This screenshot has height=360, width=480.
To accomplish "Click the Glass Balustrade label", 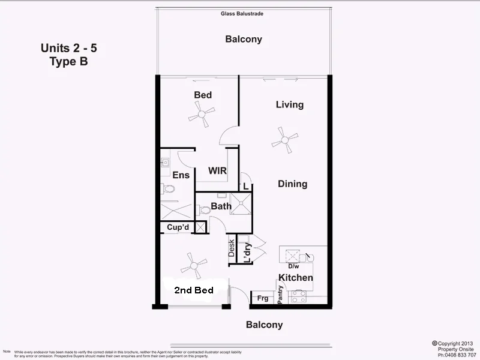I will pyautogui.click(x=242, y=13).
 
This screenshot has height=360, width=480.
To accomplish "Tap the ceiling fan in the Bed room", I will pyautogui.click(x=202, y=113).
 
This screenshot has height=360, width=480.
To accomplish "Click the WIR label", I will pyautogui.click(x=217, y=171).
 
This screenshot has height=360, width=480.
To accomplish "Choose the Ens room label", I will pyautogui.click(x=181, y=175).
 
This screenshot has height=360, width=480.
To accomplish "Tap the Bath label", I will pyautogui.click(x=221, y=206).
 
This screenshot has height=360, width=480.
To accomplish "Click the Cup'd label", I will pyautogui.click(x=178, y=227).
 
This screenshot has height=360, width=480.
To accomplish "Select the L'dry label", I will pyautogui.click(x=247, y=250).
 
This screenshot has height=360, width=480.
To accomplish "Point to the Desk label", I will pyautogui.click(x=232, y=248).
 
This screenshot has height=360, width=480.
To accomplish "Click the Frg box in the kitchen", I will pyautogui.click(x=262, y=298).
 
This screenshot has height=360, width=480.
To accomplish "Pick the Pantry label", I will pyautogui.click(x=280, y=295).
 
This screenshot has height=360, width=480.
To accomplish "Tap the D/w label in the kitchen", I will pyautogui.click(x=294, y=266).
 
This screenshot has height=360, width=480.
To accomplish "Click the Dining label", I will pyautogui.click(x=292, y=184).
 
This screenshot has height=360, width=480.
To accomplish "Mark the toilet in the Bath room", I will pyautogui.click(x=204, y=210).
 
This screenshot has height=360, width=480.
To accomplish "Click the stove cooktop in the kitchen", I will pyautogui.click(x=298, y=296).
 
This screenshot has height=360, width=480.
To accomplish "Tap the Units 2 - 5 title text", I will pyautogui.click(x=68, y=48).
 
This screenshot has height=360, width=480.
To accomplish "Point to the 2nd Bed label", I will pyautogui.click(x=193, y=290).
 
